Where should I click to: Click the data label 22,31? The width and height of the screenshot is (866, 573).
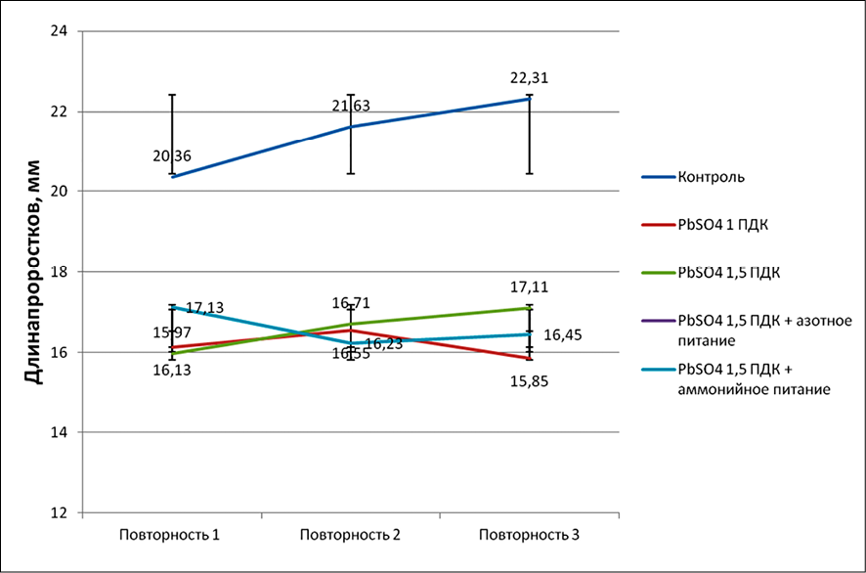click(529, 78)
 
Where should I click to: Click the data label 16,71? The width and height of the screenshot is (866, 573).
click(351, 304)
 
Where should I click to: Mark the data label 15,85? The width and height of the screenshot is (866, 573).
click(529, 380)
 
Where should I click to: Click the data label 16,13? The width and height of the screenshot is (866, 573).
click(172, 370)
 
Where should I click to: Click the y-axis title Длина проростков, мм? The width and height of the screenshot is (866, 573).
click(32, 271)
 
